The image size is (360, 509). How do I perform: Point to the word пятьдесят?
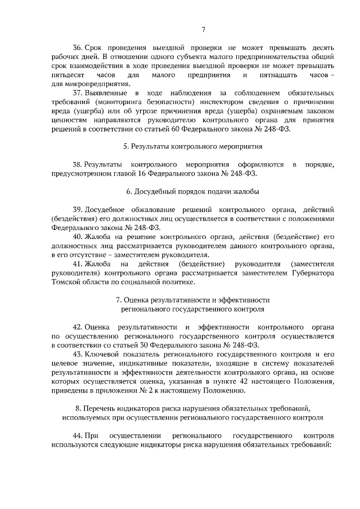pyautogui.click(x=67, y=75)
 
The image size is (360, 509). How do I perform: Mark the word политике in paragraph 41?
pyautogui.click(x=169, y=281)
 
